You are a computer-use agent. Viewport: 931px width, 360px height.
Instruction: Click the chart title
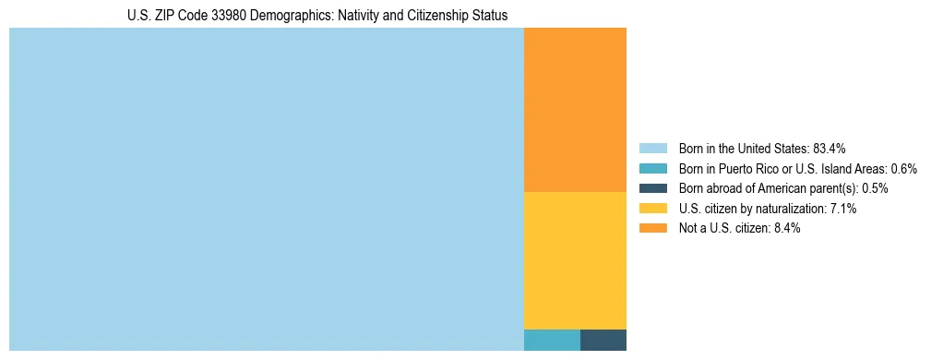click(x=317, y=16)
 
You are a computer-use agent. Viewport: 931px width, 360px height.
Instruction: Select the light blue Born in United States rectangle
click(x=266, y=189)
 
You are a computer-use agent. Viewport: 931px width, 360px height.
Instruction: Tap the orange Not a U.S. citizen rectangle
click(x=575, y=110)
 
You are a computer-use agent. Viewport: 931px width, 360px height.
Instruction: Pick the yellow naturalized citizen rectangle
click(x=575, y=260)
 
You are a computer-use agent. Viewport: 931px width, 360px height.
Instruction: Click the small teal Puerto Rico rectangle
click(x=552, y=340)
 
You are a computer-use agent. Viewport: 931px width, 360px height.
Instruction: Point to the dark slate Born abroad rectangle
click(x=603, y=340)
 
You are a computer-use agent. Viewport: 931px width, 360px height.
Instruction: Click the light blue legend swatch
click(x=652, y=149)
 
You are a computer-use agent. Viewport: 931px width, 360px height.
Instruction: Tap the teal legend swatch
click(x=652, y=169)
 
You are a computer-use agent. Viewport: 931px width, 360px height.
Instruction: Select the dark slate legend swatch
click(x=652, y=188)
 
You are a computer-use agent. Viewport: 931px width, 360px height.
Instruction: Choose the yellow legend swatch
click(x=652, y=209)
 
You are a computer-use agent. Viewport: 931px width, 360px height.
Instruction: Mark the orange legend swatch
click(x=652, y=228)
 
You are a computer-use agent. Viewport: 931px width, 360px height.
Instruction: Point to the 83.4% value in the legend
click(x=830, y=149)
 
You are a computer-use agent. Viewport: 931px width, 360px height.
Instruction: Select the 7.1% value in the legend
click(x=842, y=209)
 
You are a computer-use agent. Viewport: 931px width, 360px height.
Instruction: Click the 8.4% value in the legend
click(x=785, y=228)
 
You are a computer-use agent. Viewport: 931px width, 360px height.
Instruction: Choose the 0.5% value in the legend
click(x=875, y=188)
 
